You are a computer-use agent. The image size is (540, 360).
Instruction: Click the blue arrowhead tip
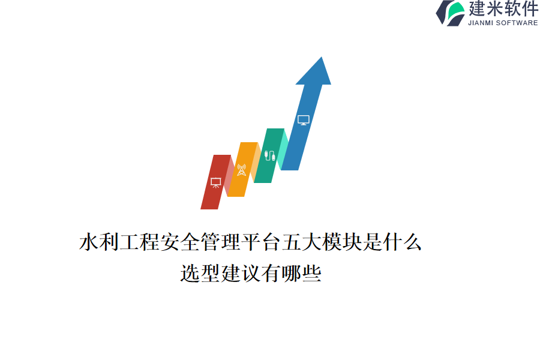click(x=322, y=57)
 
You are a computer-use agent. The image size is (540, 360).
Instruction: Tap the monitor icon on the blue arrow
click(x=304, y=120)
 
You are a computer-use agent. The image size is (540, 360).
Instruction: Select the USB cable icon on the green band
click(x=269, y=155)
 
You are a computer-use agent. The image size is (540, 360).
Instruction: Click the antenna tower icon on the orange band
click(x=241, y=170)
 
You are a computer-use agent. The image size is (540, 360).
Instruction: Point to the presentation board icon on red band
click(x=215, y=182)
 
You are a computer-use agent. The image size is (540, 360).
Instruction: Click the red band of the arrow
click(x=215, y=182)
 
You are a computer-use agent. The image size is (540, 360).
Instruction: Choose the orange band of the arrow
click(x=243, y=169)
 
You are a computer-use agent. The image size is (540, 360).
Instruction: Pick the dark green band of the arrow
click(x=269, y=156)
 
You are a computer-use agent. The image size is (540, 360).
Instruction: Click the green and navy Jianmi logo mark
click(x=450, y=13)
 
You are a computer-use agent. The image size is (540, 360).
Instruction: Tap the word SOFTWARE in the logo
click(x=517, y=23)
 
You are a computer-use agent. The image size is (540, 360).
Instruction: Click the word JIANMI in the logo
click(x=481, y=23)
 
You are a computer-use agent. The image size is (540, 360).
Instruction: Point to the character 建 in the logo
click(x=476, y=8)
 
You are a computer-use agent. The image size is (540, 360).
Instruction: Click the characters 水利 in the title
click(x=99, y=242)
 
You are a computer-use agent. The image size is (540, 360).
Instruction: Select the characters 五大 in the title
click(x=302, y=242)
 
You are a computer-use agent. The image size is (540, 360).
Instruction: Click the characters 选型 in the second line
click(x=200, y=274)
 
